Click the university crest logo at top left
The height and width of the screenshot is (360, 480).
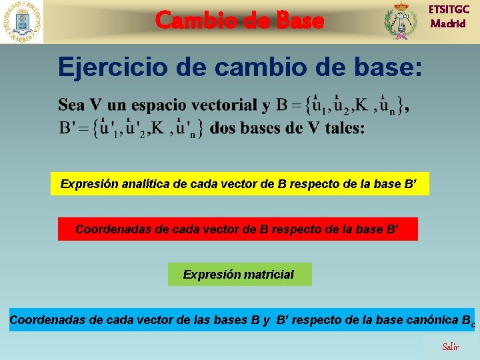point(21,21)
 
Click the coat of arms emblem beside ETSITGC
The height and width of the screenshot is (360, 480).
point(400,21)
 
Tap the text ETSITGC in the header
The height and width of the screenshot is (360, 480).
point(449,9)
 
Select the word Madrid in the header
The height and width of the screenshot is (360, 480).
point(449,24)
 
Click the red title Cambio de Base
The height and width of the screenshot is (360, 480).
point(239,20)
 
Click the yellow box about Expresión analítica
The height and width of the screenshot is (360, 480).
point(239,184)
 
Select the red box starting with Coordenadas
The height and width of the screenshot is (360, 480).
point(237,229)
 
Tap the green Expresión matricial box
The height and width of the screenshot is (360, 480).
point(239,274)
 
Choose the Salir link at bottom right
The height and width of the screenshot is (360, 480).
point(451,347)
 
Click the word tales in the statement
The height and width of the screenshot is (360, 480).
point(344,128)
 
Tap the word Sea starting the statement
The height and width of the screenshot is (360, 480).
point(71,105)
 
